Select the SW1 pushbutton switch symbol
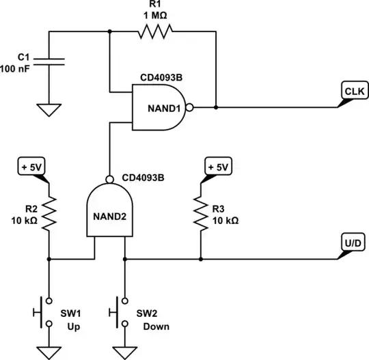(42, 311)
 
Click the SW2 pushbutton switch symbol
(119, 311)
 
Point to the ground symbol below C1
(49, 109)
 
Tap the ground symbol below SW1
(49, 351)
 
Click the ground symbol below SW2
(125, 351)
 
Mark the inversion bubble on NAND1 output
(189, 107)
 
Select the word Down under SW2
(156, 327)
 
